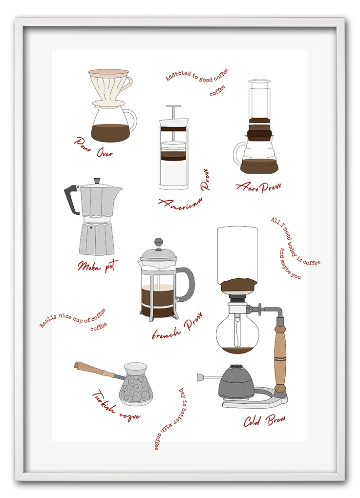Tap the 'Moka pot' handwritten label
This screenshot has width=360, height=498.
pyautogui.click(x=98, y=266)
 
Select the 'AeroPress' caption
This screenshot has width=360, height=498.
pyautogui.click(x=258, y=187)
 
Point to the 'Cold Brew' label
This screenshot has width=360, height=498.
pyautogui.click(x=264, y=420)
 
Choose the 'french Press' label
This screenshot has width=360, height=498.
pyautogui.click(x=177, y=327)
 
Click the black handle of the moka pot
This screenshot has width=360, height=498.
pyautogui.click(x=72, y=199)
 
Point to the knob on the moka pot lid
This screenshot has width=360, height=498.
pyautogui.click(x=97, y=181)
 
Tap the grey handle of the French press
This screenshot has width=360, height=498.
pyautogui.click(x=187, y=284)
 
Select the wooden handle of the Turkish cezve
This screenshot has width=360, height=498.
pyautogui.click(x=95, y=370)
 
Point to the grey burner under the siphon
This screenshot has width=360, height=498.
pyautogui.click(x=236, y=381)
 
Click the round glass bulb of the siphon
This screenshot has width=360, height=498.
pyautogui.click(x=238, y=332)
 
